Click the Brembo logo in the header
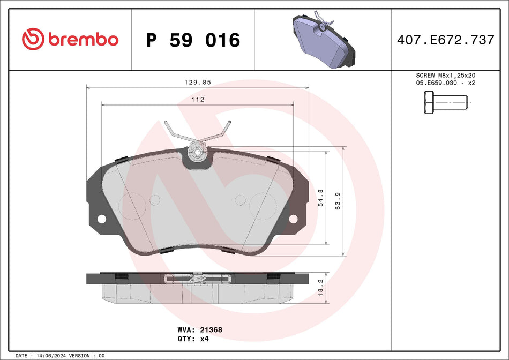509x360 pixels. click(x=70, y=39)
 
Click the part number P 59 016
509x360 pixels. click(x=193, y=40)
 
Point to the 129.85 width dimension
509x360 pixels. click(x=198, y=82)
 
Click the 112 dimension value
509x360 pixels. click(x=198, y=100)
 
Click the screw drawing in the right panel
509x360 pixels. click(x=445, y=102)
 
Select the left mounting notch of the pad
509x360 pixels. click(x=101, y=219)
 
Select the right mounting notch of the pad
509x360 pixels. click(x=293, y=219)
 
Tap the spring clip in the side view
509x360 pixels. click(x=198, y=279)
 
